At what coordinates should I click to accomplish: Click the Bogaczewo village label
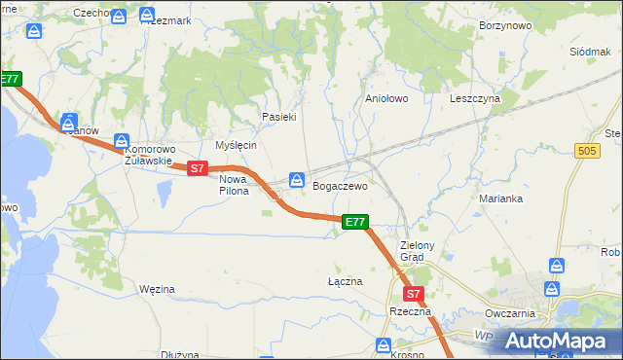coord(340,185)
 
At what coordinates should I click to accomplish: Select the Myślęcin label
coord(236,145)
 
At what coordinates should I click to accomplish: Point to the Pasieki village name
coord(278,117)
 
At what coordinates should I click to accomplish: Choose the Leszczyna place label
coord(475,99)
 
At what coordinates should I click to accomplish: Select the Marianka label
coord(501,198)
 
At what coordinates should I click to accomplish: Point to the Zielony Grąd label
coord(422,252)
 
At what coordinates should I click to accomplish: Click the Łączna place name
coord(345,281)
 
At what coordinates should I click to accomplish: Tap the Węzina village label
coord(157,289)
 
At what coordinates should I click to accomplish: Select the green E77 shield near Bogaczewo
coord(356,223)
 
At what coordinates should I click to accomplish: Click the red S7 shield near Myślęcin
coord(198,168)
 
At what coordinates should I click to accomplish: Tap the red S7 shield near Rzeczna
coord(413,293)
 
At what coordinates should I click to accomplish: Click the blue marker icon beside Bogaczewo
coord(297,180)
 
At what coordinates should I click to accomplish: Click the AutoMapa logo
coord(555,341)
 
